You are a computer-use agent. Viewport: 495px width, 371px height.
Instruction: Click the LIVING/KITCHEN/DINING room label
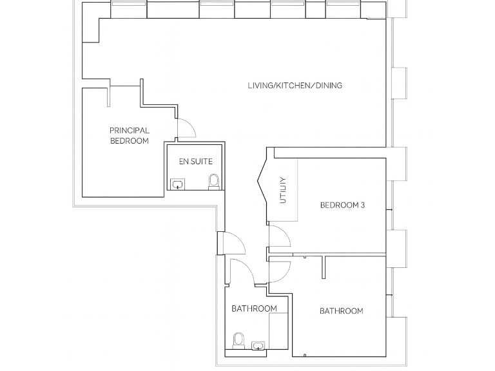coord(295,85)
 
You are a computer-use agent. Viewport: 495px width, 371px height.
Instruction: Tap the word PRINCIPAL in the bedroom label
coord(129,131)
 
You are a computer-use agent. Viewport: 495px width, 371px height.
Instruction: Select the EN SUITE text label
coord(195,162)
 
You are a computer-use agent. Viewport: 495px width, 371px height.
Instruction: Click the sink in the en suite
coord(177,185)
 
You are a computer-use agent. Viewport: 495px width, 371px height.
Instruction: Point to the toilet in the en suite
coord(214,182)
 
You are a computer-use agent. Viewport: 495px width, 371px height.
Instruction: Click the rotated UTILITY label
coord(282,191)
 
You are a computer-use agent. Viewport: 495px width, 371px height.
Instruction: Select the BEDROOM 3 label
coord(342,205)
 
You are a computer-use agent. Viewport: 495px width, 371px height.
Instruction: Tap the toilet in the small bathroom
coord(238,339)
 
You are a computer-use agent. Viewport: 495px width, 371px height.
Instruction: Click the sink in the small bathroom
coord(258,346)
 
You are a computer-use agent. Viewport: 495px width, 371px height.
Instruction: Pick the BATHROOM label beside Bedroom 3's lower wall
coord(341,311)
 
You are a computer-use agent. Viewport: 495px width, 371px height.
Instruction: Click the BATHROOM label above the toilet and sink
coord(254,309)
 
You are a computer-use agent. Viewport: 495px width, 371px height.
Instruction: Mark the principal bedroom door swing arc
coord(187,128)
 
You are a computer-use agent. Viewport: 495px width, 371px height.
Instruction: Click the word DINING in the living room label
coord(328,85)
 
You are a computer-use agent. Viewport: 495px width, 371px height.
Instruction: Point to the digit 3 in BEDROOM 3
coord(363,205)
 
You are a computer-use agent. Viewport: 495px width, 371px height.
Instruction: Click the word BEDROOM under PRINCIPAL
coord(129,140)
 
